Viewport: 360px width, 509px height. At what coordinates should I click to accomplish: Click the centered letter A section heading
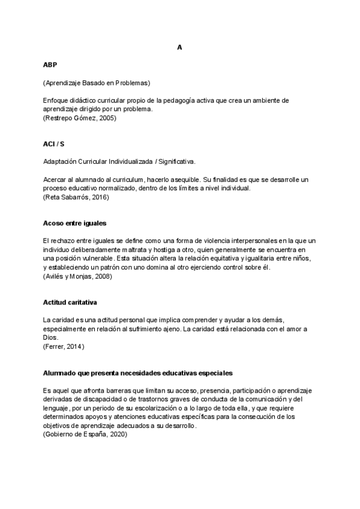[179, 47]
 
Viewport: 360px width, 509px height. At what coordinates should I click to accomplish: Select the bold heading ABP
[50, 64]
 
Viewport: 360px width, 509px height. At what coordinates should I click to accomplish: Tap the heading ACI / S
[54, 145]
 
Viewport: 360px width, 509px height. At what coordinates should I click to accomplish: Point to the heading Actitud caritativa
[70, 301]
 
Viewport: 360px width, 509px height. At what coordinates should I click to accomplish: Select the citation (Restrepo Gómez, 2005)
[80, 118]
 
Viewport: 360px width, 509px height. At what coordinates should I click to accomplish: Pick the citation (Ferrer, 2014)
[64, 346]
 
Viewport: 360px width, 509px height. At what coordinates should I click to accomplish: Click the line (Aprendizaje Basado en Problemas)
[97, 82]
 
